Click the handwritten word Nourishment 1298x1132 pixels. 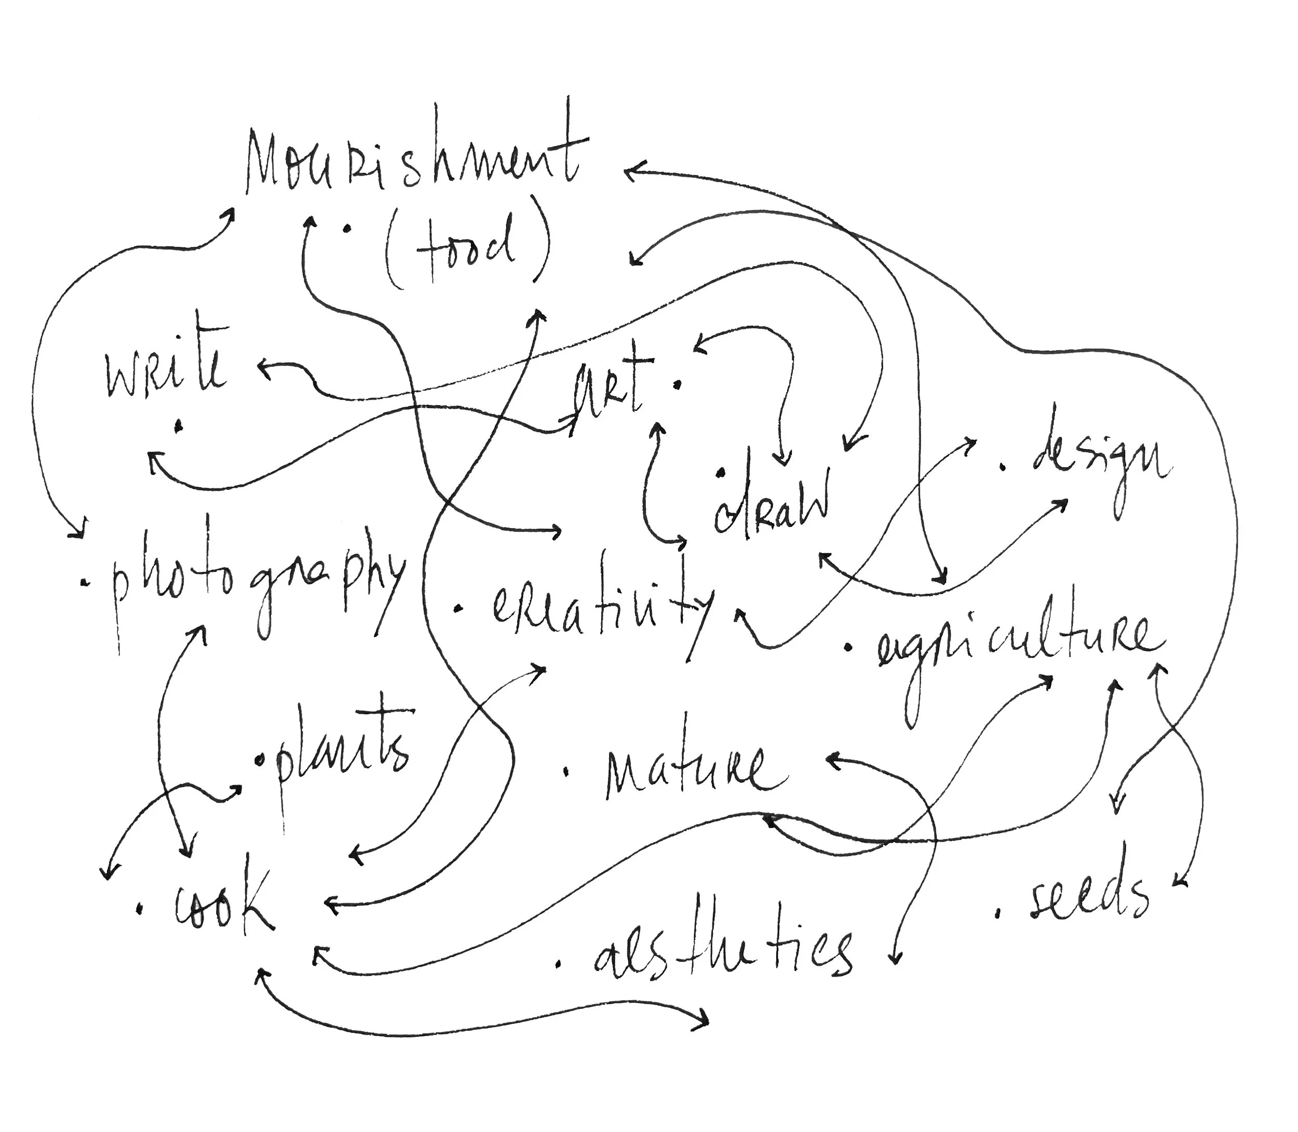[x=413, y=161]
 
